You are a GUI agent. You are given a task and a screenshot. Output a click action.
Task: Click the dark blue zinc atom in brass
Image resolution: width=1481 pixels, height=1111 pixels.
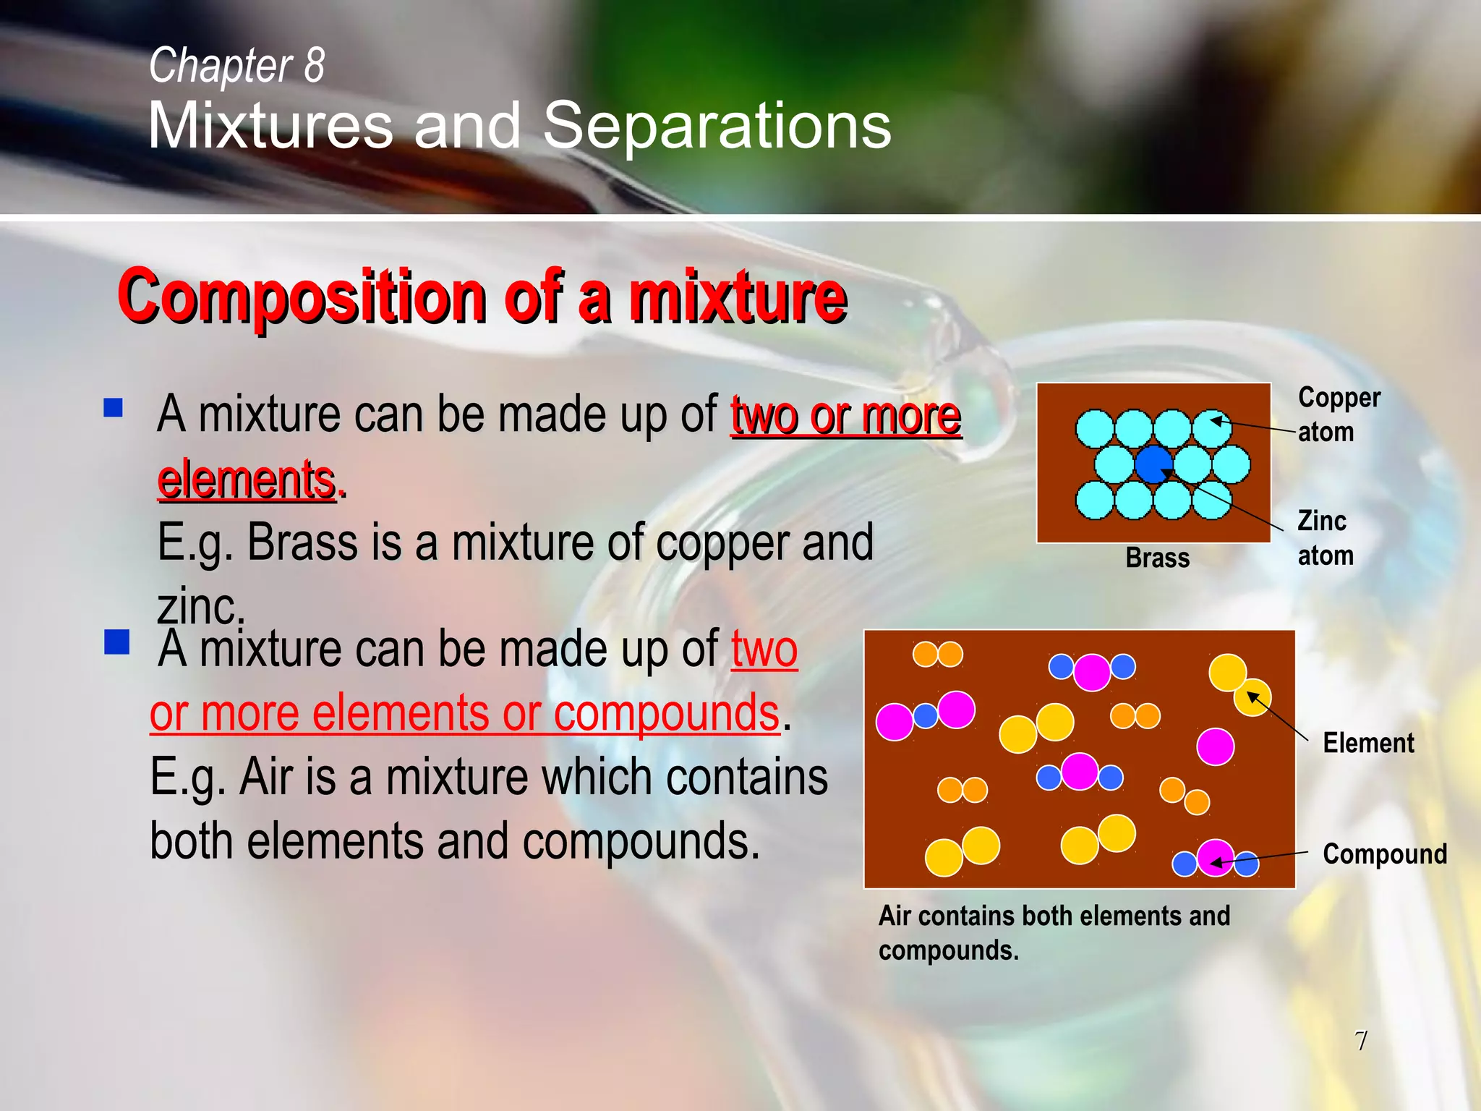click(1153, 464)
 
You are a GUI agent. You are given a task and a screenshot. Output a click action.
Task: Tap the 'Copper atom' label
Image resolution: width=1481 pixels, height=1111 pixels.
click(1338, 414)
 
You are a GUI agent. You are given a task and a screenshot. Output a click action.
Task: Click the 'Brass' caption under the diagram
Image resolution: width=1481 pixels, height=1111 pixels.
click(1157, 558)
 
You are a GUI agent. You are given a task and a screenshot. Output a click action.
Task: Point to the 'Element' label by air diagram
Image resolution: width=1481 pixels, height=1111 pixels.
click(1368, 743)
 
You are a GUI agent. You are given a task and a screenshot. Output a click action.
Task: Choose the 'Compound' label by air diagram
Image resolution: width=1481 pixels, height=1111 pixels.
click(1384, 854)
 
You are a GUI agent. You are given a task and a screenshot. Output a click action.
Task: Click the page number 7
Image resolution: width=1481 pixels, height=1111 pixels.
click(1361, 1041)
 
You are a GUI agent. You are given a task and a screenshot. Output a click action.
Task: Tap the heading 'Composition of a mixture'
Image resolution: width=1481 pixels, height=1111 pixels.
click(482, 297)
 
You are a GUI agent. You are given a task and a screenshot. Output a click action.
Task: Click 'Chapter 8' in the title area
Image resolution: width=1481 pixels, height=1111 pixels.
click(236, 65)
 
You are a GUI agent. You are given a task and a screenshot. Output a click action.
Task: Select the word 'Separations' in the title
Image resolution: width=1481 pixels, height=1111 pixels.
click(717, 126)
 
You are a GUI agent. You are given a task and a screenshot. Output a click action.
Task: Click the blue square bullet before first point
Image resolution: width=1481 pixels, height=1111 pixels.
click(114, 408)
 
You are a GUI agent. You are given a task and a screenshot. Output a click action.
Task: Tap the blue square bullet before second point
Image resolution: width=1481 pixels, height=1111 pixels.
click(116, 642)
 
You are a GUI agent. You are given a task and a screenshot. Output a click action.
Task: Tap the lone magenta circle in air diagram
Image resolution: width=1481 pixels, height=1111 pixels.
click(1215, 746)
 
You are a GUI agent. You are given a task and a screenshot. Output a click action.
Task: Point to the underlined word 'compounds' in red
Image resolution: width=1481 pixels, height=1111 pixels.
click(666, 713)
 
